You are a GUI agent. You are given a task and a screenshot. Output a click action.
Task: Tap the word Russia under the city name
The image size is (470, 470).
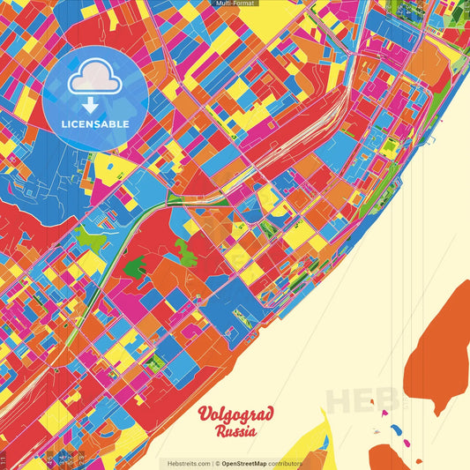(x=235, y=432)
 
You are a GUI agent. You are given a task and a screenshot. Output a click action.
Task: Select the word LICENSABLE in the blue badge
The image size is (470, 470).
(x=95, y=123)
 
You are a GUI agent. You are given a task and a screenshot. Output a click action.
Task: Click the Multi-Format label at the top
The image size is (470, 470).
(x=235, y=4)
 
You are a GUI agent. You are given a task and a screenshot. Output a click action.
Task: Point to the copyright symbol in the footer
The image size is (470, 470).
(x=217, y=463)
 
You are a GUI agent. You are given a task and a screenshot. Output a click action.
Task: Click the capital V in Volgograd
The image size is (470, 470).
(x=205, y=414)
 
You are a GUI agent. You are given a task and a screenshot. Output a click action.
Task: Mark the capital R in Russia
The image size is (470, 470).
(x=218, y=432)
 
